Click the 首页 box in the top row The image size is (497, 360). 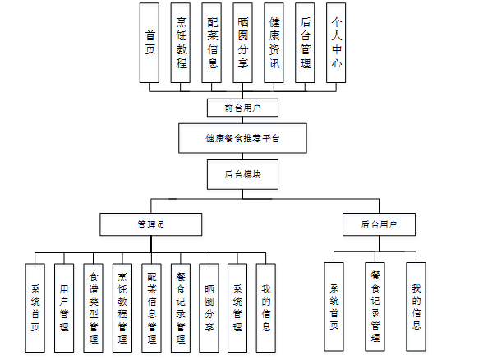[150, 43]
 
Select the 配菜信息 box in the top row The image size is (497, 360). [212, 43]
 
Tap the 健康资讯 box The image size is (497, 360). [274, 43]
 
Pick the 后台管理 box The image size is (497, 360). [305, 43]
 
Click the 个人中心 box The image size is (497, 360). [335, 43]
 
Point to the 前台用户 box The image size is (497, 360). [242, 108]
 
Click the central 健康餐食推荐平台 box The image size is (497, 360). [242, 138]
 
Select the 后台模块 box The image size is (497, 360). [242, 174]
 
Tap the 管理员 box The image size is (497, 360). [150, 224]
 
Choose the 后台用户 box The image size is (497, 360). [378, 224]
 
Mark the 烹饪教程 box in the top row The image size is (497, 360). [182, 43]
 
